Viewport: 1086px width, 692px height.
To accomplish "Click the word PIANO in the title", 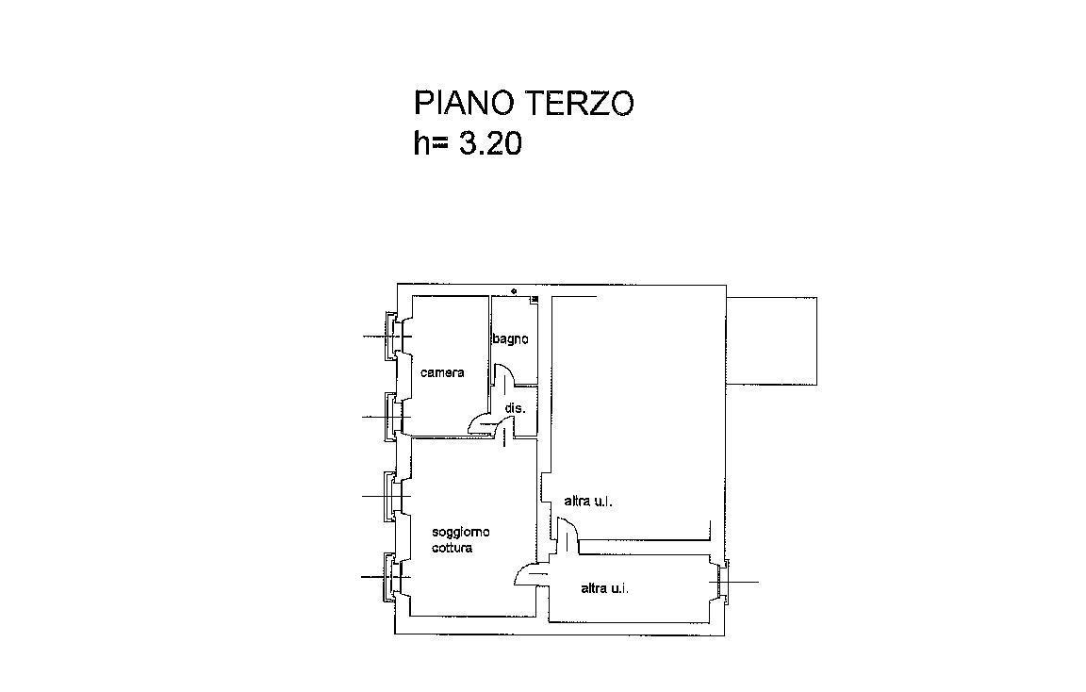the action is tap(464, 103).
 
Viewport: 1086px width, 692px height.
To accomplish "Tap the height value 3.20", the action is tap(490, 144).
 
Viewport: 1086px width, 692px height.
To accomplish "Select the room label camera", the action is tap(442, 372).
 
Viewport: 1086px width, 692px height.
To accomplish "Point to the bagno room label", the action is tap(510, 338).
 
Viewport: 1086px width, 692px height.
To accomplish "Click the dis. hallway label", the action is tap(515, 408).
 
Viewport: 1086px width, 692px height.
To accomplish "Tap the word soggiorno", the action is tap(461, 532).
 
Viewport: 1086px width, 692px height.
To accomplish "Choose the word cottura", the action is tap(452, 548).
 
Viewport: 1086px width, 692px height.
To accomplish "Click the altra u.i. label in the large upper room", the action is tap(588, 501).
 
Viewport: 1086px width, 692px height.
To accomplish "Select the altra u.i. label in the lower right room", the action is tap(604, 589).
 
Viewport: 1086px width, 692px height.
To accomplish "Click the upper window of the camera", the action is tap(392, 337).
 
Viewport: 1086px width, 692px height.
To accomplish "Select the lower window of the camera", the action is tap(392, 417).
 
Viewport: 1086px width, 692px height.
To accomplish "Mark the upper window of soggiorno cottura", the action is tap(392, 497).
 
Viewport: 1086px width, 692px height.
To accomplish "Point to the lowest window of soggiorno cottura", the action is tap(392, 577).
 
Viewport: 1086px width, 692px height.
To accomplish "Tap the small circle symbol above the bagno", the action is tap(514, 291).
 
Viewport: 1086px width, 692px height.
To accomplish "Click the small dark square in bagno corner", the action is tap(534, 299).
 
